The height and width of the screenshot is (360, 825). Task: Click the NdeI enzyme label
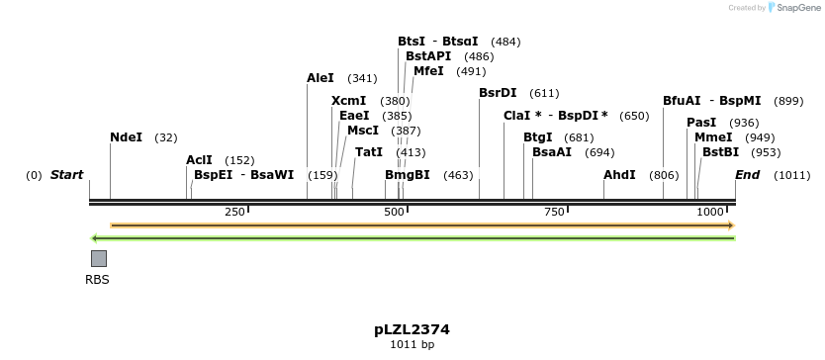pyautogui.click(x=126, y=137)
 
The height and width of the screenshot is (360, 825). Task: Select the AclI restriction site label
pyautogui.click(x=199, y=160)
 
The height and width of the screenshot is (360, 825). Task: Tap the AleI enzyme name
pyautogui.click(x=321, y=78)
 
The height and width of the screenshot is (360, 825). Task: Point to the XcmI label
pyautogui.click(x=348, y=101)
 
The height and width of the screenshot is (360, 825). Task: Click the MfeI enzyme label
pyautogui.click(x=428, y=71)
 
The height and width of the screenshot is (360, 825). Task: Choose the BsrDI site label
pyautogui.click(x=498, y=93)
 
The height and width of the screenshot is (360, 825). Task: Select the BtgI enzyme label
pyautogui.click(x=537, y=137)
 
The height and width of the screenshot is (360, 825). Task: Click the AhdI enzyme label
pyautogui.click(x=619, y=175)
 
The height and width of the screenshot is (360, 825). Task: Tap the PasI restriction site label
pyautogui.click(x=701, y=123)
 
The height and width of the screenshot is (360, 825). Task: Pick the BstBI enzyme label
pyautogui.click(x=720, y=152)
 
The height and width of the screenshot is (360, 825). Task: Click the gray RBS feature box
pyautogui.click(x=99, y=258)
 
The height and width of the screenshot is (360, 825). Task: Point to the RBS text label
pyautogui.click(x=97, y=280)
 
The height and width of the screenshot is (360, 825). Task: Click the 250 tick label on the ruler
pyautogui.click(x=234, y=213)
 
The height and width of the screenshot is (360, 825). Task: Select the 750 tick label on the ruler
pyautogui.click(x=554, y=213)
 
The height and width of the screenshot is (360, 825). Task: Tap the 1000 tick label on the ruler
pyautogui.click(x=710, y=213)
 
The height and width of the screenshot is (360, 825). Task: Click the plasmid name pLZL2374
pyautogui.click(x=412, y=329)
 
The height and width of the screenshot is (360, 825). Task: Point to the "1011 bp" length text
pyautogui.click(x=412, y=345)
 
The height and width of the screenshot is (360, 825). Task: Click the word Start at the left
pyautogui.click(x=66, y=175)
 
